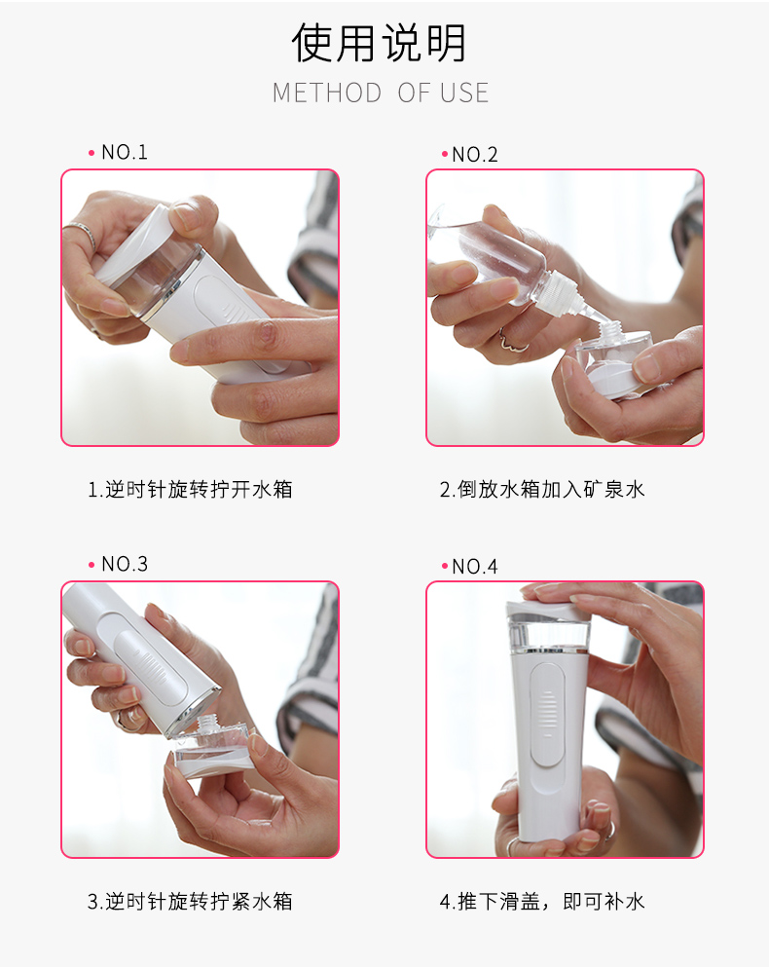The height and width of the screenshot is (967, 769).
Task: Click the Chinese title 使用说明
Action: coord(379,43)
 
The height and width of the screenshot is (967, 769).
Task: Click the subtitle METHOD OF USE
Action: coord(381,93)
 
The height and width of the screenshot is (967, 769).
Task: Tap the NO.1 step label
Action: coord(125,152)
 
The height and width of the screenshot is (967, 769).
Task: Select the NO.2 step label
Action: coord(475,155)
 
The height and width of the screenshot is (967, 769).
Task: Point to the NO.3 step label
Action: coord(125,564)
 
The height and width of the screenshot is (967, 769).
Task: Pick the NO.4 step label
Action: coord(475,567)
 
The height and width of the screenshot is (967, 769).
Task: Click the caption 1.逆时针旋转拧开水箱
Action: coord(190,490)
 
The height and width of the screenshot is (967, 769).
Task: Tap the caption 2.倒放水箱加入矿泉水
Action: coord(542,490)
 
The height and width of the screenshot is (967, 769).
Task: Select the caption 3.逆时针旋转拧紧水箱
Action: coord(190,902)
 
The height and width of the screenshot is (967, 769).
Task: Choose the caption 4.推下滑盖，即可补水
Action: coord(542,902)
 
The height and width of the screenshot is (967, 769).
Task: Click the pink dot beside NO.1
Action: coord(92,153)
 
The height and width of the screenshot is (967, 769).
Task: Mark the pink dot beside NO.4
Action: coord(445,566)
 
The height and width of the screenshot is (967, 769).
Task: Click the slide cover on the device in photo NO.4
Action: coord(547,715)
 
